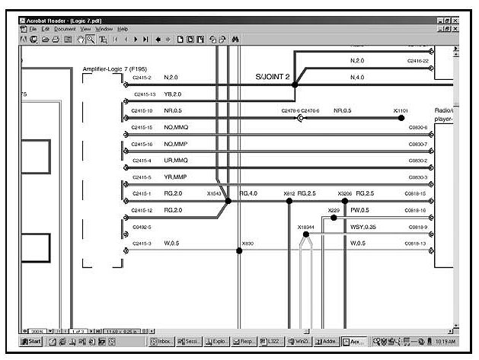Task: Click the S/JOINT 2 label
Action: (x=274, y=78)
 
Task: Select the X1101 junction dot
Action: (x=401, y=118)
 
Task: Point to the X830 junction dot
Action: (x=239, y=250)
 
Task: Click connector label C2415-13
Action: (x=144, y=94)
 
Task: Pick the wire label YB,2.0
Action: (x=173, y=94)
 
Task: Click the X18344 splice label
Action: (x=305, y=228)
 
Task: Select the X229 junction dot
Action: (x=334, y=218)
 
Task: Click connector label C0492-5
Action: (x=142, y=227)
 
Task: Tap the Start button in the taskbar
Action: (x=31, y=342)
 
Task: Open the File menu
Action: (x=33, y=28)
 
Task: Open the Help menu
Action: (x=122, y=28)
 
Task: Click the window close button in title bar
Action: (x=465, y=18)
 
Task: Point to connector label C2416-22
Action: (x=418, y=61)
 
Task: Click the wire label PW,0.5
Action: (x=359, y=210)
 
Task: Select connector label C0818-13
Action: (x=418, y=244)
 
